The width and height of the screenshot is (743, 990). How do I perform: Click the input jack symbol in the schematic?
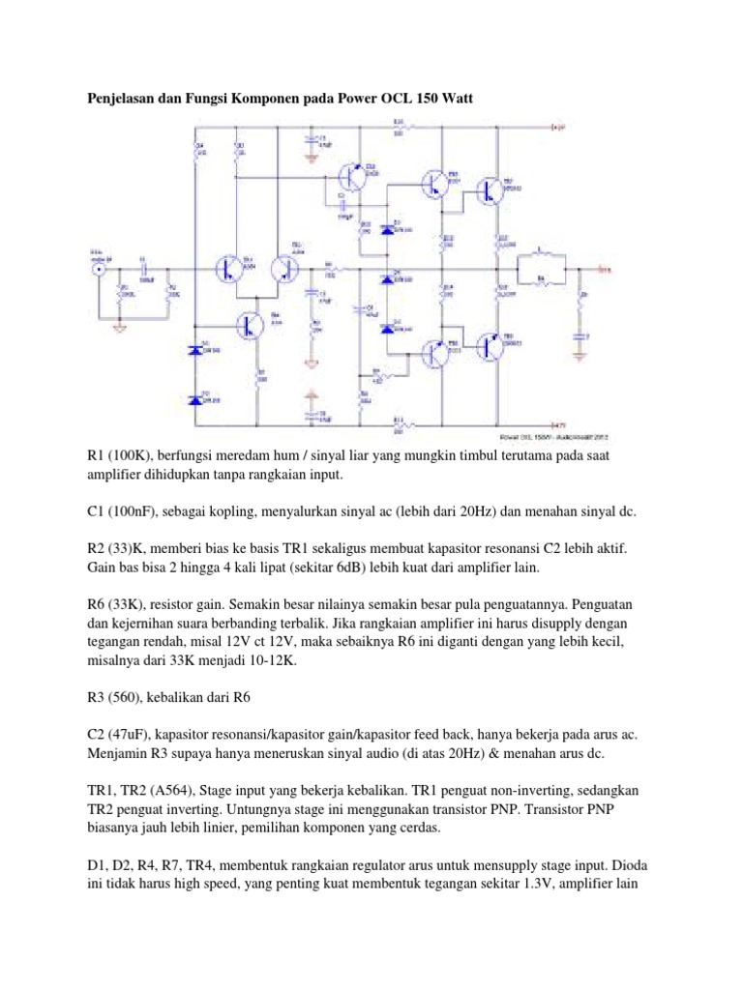tap(98, 271)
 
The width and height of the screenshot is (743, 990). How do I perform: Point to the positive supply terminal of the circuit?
tap(557, 126)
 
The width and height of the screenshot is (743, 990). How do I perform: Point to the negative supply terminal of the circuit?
tap(557, 423)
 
